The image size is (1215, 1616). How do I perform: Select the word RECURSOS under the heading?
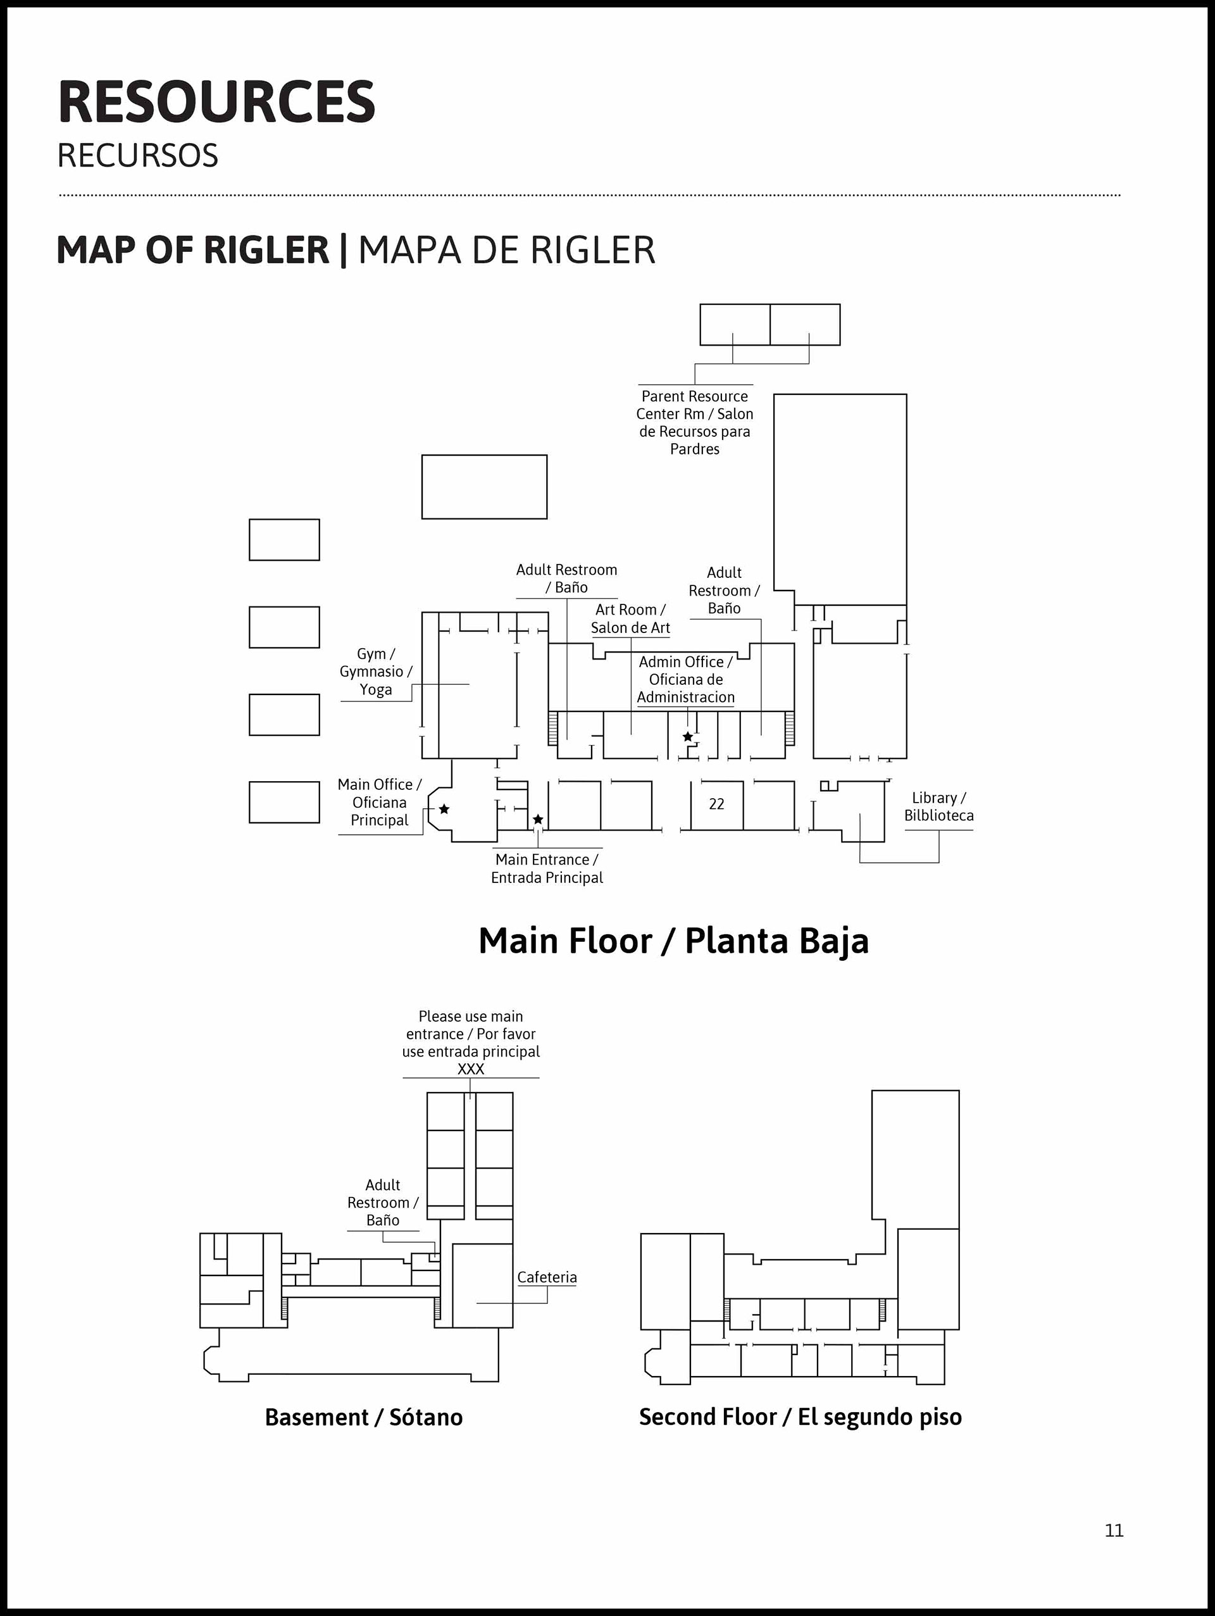(x=138, y=156)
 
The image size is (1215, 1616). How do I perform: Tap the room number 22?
(x=716, y=804)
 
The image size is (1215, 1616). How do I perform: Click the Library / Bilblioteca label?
(x=939, y=806)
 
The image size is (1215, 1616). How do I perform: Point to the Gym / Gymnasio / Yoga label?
(x=376, y=672)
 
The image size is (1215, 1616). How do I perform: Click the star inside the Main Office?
(x=444, y=809)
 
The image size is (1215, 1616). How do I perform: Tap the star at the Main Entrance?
(x=538, y=819)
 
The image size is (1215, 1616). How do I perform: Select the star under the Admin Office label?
(x=688, y=736)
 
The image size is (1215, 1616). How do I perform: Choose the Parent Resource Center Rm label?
(x=694, y=422)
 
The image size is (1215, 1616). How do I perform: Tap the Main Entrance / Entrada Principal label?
(x=547, y=868)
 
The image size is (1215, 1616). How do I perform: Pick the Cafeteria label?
(x=547, y=1276)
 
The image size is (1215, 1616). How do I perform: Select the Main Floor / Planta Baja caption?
(x=673, y=941)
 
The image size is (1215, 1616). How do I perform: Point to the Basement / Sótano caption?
(x=364, y=1417)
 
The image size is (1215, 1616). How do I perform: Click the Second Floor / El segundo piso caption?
(x=801, y=1417)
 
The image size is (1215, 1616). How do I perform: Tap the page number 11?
(x=1114, y=1530)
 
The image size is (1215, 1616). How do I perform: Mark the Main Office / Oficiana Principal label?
(x=380, y=802)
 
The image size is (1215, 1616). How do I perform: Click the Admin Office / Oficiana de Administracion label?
(x=685, y=679)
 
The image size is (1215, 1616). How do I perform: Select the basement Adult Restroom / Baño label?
(x=383, y=1202)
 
